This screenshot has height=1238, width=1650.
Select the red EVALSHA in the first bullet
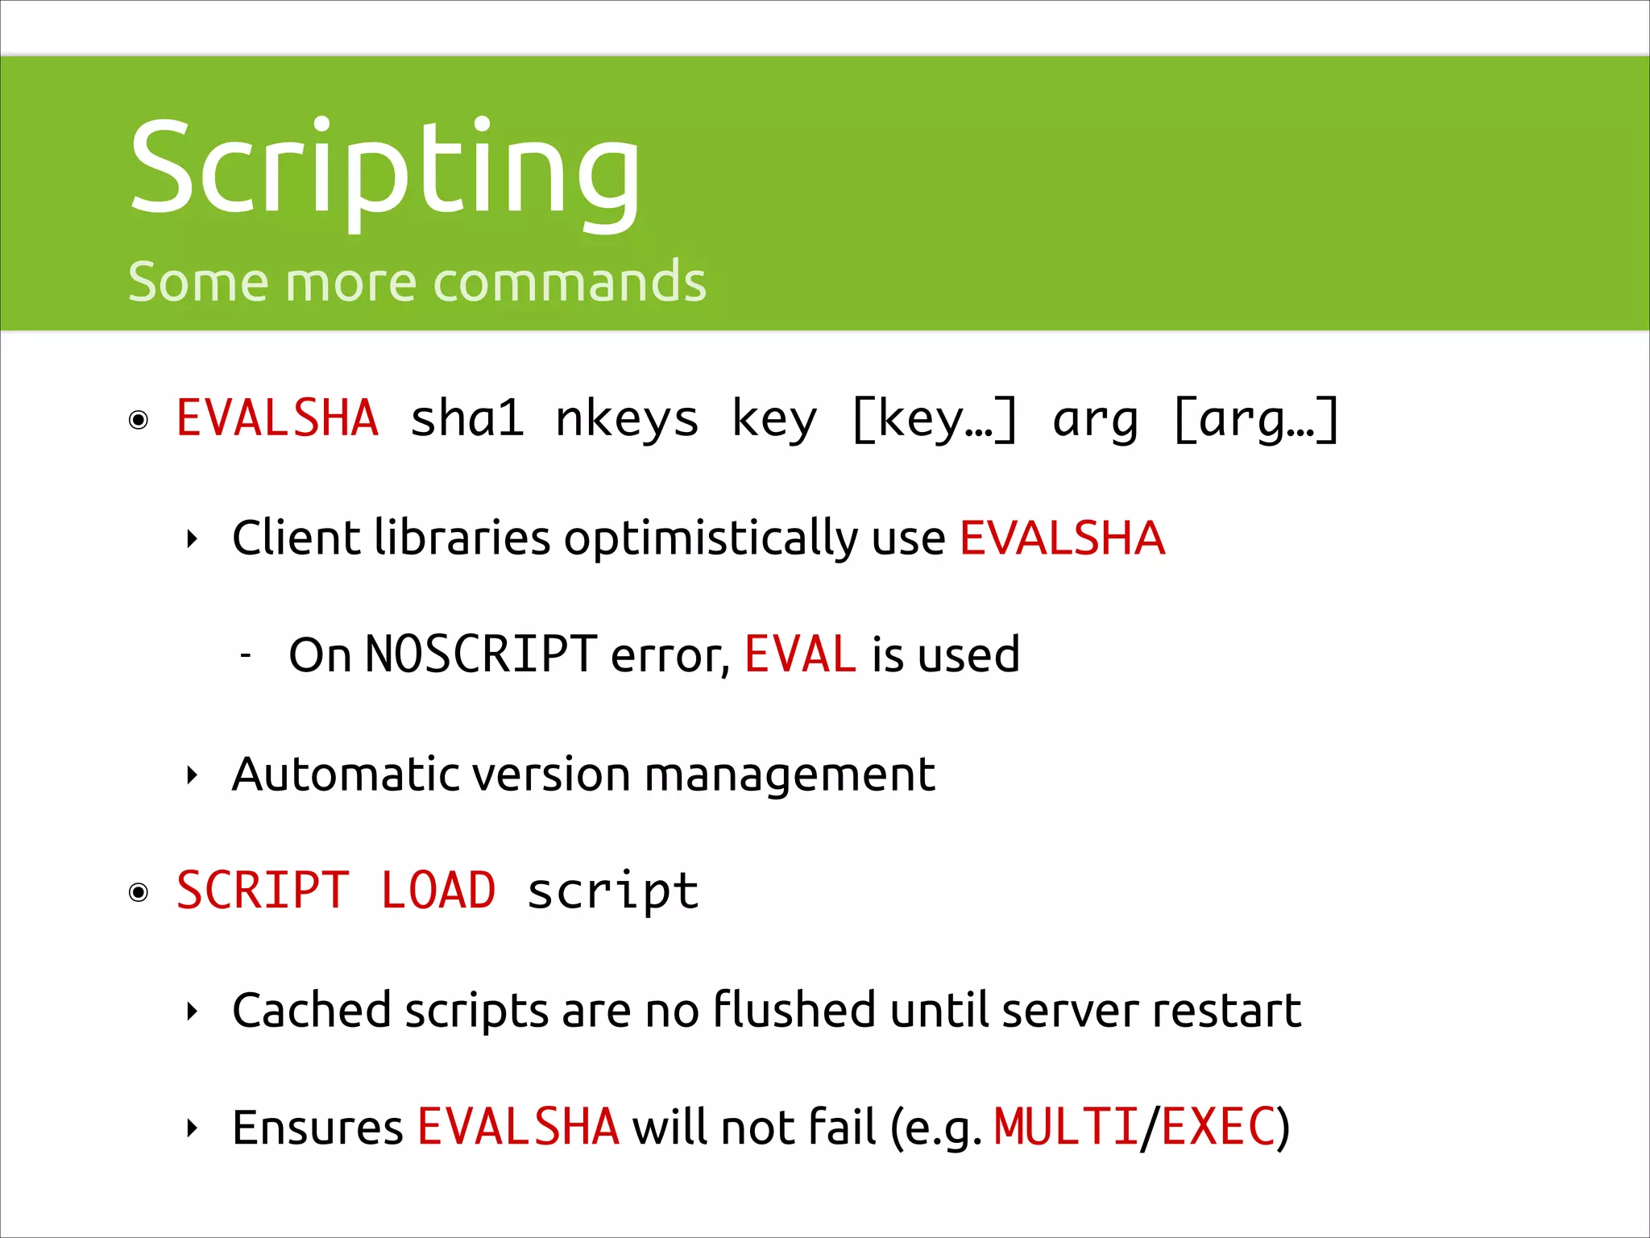point(277,418)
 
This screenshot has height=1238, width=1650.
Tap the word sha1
point(467,418)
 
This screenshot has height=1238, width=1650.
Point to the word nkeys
point(627,420)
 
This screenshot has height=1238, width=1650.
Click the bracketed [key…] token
point(935,420)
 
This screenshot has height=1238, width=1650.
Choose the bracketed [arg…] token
point(1256,420)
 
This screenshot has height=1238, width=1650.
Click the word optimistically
point(711,538)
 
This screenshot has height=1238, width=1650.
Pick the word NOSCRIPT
point(480,654)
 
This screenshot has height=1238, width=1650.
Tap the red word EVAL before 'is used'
point(799,654)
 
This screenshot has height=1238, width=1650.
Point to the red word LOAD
point(437,891)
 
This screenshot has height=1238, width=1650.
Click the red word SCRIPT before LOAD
point(263,891)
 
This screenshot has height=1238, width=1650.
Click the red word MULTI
point(1065,1127)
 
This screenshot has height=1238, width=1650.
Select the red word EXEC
point(1217,1127)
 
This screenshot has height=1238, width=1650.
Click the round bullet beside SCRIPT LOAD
point(139,892)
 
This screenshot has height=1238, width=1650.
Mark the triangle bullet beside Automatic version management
point(192,775)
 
